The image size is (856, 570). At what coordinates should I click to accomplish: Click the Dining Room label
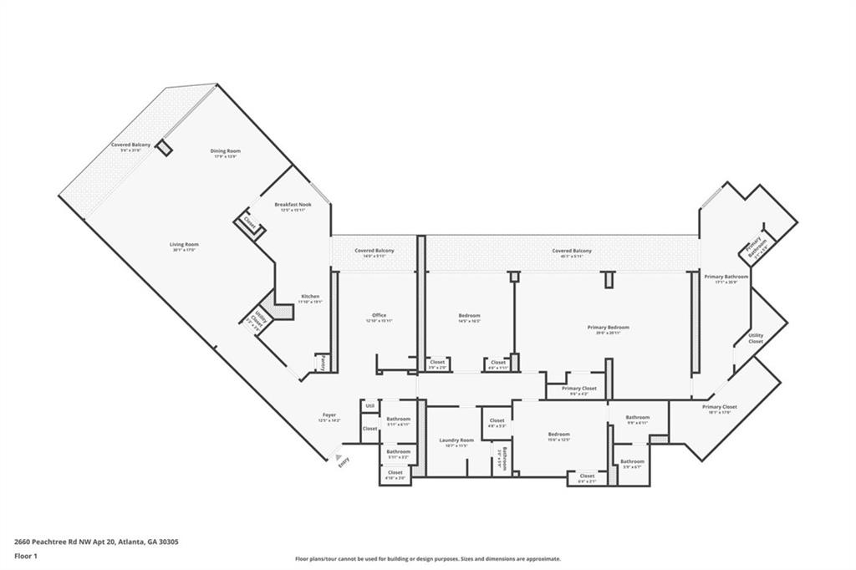click(x=226, y=151)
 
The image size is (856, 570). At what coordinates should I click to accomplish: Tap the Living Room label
click(x=186, y=244)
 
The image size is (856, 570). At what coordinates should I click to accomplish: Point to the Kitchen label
click(x=309, y=297)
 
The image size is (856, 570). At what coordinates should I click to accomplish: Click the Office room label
click(x=379, y=315)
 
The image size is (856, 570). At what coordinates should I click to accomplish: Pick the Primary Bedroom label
click(x=607, y=328)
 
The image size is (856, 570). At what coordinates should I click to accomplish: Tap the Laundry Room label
click(x=456, y=440)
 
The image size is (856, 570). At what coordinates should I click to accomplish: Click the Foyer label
click(x=329, y=415)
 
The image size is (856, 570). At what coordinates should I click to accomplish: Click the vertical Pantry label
click(x=323, y=362)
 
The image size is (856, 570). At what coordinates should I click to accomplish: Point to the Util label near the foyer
click(x=369, y=405)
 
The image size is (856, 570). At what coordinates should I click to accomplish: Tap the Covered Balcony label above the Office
click(x=374, y=251)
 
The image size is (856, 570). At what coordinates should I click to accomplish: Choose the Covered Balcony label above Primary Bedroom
click(x=572, y=251)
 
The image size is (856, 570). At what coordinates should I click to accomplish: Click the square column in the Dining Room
click(x=165, y=147)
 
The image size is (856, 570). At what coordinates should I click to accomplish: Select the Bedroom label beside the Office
click(x=469, y=315)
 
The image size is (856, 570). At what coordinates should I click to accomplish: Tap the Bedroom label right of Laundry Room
click(x=558, y=434)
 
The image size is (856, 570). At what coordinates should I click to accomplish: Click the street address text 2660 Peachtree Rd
click(x=96, y=542)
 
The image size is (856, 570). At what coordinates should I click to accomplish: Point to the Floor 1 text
click(x=26, y=555)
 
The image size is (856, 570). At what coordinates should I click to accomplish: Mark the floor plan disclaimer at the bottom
click(x=427, y=559)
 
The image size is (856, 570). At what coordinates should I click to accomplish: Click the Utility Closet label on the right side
click(x=755, y=338)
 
